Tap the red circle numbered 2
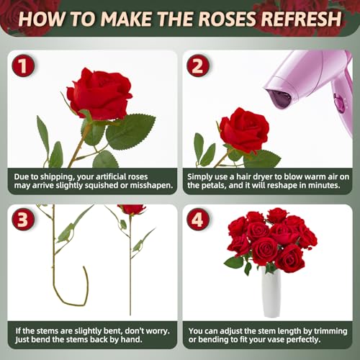pyautogui.click(x=198, y=66)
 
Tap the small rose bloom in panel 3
pyautogui.click(x=131, y=210)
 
